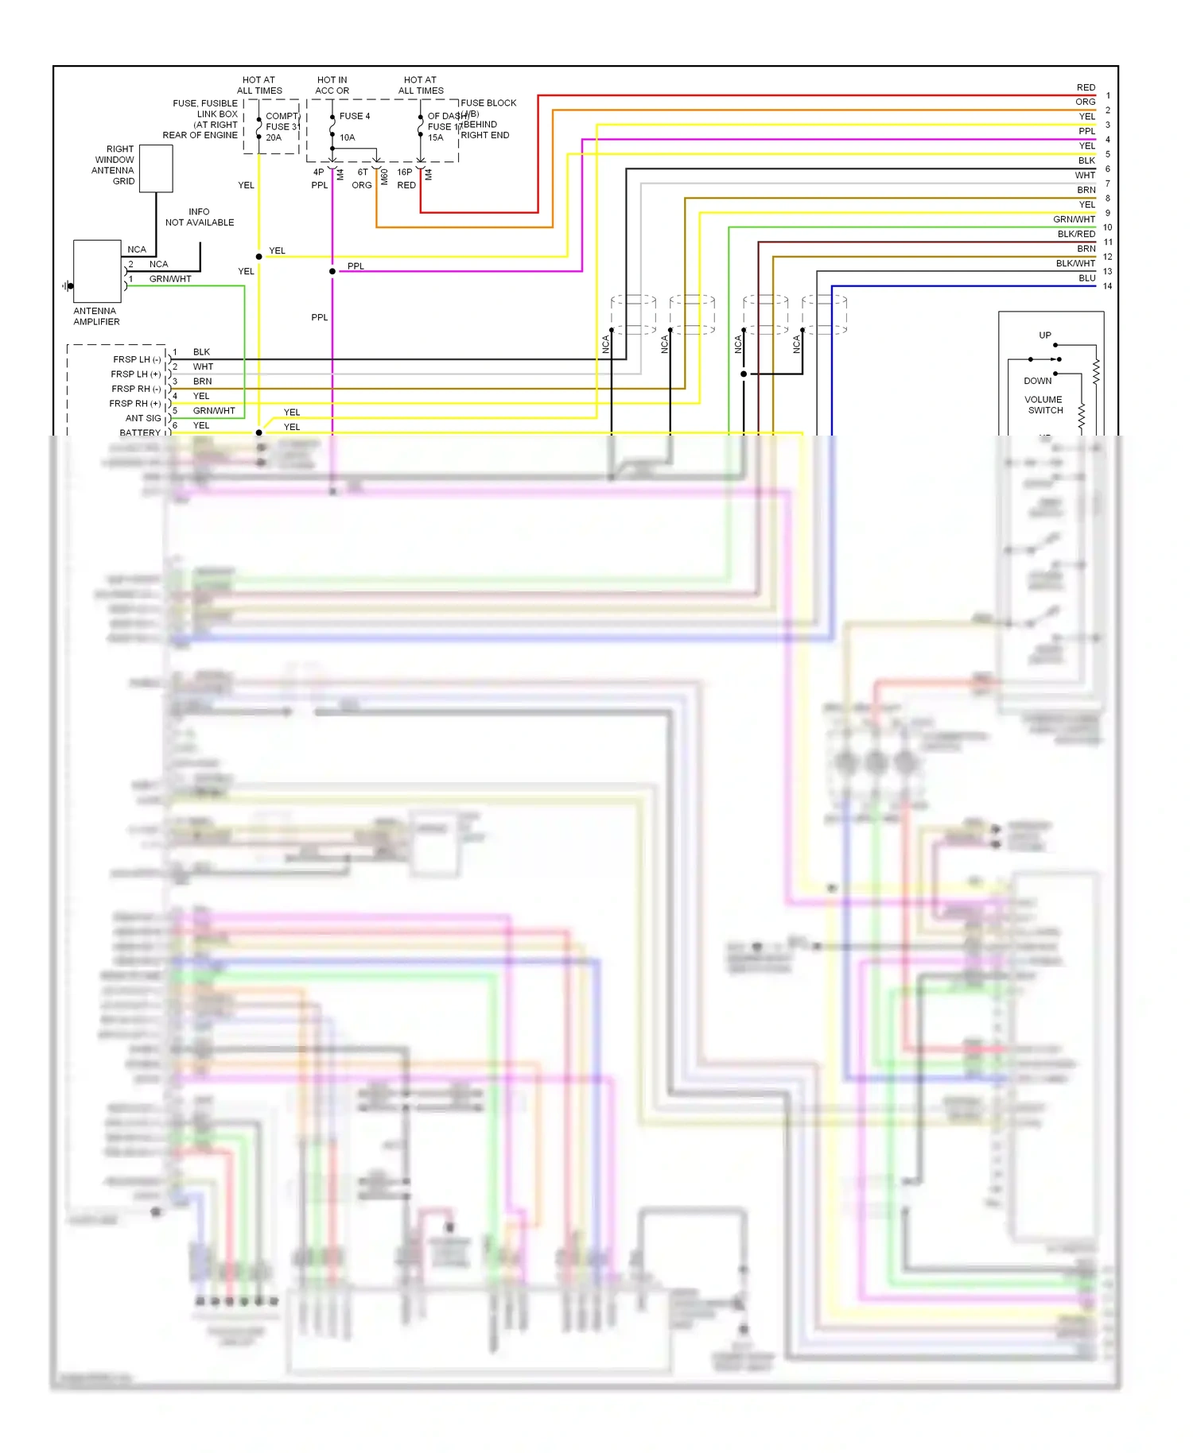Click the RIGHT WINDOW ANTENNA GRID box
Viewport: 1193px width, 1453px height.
point(156,168)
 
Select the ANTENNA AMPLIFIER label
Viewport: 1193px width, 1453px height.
point(96,316)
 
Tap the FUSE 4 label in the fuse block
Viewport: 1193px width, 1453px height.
point(354,116)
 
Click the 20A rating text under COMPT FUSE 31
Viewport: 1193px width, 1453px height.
point(274,138)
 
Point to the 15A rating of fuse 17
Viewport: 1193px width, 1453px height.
point(435,138)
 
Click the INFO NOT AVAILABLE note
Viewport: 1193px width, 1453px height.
point(199,217)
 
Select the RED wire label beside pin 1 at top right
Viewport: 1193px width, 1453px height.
point(1086,87)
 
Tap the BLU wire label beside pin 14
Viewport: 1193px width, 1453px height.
point(1086,278)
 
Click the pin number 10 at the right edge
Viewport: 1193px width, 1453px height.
point(1107,227)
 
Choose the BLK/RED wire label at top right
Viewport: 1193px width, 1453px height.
point(1076,234)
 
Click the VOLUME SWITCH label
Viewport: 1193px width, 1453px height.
point(1044,405)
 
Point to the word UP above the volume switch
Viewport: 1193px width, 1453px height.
point(1044,335)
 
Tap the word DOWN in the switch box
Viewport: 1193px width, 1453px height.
point(1037,381)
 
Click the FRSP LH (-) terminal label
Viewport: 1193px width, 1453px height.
point(137,359)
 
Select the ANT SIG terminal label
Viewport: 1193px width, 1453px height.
point(143,418)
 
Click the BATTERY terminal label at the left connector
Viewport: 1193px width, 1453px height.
point(140,432)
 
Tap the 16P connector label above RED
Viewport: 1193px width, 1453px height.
point(404,172)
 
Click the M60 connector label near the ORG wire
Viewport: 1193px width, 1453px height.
point(384,176)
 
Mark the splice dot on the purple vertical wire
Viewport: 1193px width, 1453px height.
point(332,271)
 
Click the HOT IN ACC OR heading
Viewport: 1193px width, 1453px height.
point(332,85)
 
